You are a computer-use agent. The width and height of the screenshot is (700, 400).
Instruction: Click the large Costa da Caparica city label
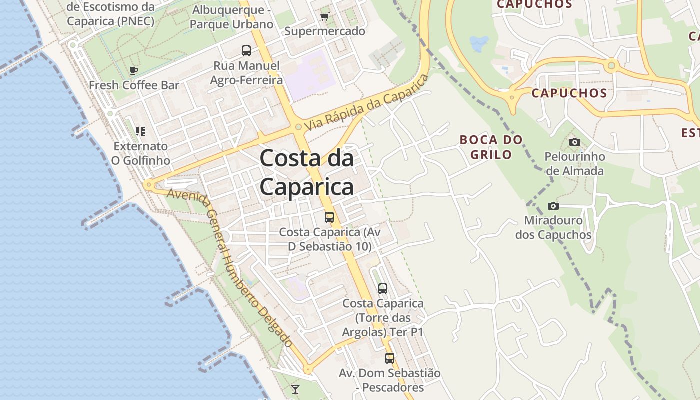[x=307, y=172]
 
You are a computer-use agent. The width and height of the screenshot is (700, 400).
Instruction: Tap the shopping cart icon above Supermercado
[x=325, y=16]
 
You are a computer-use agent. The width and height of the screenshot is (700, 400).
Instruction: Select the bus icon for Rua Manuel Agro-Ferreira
[x=246, y=50]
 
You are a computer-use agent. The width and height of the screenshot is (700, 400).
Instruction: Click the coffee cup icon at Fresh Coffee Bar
[x=133, y=70]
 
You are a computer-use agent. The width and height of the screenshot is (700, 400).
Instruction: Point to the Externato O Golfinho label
[x=141, y=153]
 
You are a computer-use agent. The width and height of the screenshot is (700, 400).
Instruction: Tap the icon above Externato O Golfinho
[x=140, y=131]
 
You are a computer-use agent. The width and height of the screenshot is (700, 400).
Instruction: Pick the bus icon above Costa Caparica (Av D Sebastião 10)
[x=329, y=217]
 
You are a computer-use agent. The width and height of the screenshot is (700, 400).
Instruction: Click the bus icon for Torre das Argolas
[x=382, y=288]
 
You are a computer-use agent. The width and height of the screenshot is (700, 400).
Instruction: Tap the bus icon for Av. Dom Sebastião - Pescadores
[x=389, y=358]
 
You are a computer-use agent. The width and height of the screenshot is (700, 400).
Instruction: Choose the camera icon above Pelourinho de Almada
[x=575, y=142]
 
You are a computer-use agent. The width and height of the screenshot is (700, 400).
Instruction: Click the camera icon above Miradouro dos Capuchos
[x=553, y=206]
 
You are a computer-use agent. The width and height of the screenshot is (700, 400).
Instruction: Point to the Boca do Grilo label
[x=491, y=147]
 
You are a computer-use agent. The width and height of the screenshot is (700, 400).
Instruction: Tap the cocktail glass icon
[x=295, y=389]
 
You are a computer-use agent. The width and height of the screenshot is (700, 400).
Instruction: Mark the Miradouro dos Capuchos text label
[x=553, y=227]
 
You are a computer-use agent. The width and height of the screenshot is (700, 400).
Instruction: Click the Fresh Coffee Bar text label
[x=134, y=85]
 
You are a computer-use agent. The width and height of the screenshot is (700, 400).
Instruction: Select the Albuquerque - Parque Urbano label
[x=232, y=17]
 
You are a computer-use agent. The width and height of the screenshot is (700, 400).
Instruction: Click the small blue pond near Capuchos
[x=479, y=44]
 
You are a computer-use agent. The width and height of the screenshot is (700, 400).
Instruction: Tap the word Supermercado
[x=325, y=31]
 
